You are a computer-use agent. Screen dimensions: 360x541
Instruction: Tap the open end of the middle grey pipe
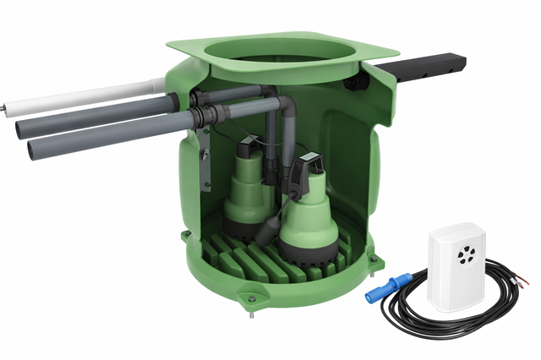tap(23, 128)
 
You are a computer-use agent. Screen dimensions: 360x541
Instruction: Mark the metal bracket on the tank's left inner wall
tap(203, 166)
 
